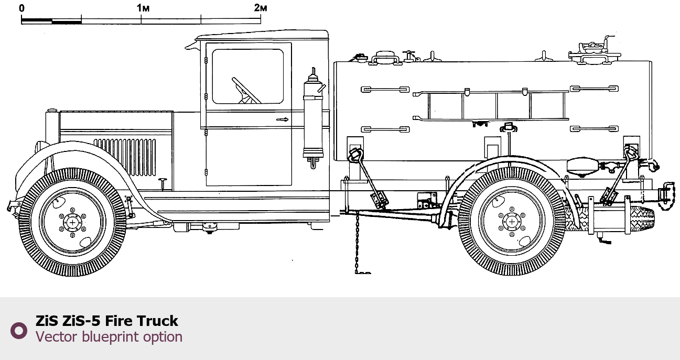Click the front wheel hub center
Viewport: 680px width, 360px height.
pyautogui.click(x=72, y=222)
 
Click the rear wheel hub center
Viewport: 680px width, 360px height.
pyautogui.click(x=512, y=222)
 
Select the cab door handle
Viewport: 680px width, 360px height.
pyautogui.click(x=282, y=119)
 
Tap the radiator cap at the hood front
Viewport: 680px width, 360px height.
pyautogui.click(x=52, y=111)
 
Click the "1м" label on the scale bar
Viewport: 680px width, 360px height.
pyautogui.click(x=143, y=8)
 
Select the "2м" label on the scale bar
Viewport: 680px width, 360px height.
pyautogui.click(x=261, y=8)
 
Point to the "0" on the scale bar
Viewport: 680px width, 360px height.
pyautogui.click(x=21, y=8)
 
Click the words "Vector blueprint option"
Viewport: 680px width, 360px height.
pyautogui.click(x=109, y=337)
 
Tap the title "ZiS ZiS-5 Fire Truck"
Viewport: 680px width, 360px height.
pyautogui.click(x=107, y=321)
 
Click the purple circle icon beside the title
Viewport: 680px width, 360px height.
pyautogui.click(x=19, y=330)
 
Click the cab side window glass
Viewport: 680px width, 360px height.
pyautogui.click(x=247, y=77)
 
